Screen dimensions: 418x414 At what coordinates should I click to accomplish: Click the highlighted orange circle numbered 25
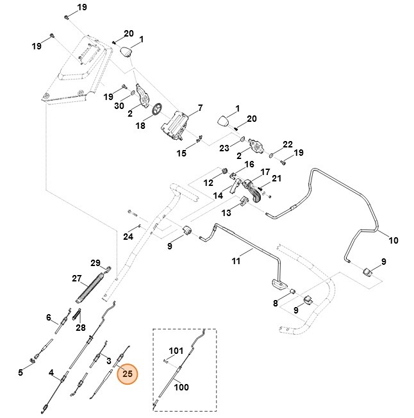pos(127,373)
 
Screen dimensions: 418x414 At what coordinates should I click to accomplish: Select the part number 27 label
pos(77,279)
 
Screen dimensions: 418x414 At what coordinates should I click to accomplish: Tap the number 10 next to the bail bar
pos(393,240)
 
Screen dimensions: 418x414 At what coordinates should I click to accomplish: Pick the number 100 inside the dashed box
pos(181,388)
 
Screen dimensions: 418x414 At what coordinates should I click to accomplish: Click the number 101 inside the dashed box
pos(176,351)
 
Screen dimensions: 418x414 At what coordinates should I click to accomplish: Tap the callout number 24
pos(128,237)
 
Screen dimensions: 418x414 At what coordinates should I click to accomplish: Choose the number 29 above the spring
pos(95,263)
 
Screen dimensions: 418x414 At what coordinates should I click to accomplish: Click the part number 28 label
pos(81,328)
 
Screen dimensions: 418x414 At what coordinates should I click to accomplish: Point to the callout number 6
pos(48,317)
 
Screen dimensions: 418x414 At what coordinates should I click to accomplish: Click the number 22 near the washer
pos(288,144)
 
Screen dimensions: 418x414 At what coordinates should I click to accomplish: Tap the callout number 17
pos(263,172)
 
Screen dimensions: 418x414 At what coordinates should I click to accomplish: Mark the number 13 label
pos(226,212)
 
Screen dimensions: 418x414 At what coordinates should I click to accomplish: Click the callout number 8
pos(276,303)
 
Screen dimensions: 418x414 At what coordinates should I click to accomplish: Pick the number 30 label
pos(119,106)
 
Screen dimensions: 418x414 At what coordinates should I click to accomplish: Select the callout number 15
pos(181,153)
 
